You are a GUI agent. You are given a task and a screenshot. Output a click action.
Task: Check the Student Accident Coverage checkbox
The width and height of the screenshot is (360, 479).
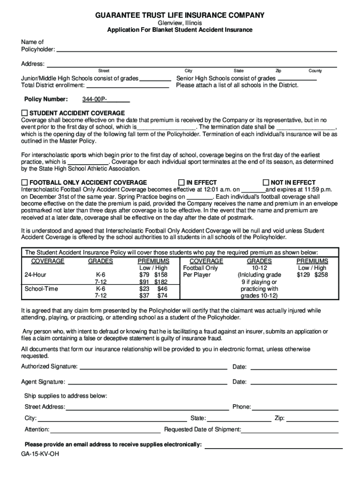25,113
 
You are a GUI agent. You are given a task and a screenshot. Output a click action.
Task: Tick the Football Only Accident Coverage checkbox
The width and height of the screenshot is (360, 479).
25,182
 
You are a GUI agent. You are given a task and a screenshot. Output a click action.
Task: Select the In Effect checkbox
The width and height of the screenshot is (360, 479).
181,182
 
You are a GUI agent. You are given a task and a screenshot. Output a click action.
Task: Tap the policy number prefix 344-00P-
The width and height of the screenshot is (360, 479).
95,100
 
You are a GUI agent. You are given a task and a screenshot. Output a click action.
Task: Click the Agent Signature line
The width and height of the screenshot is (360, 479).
148,382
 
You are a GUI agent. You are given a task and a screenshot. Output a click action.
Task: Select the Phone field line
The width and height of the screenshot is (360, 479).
295,407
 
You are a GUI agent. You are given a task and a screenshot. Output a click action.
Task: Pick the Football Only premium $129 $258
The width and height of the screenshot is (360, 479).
312,275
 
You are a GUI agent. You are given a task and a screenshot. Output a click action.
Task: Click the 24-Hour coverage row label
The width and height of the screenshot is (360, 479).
35,275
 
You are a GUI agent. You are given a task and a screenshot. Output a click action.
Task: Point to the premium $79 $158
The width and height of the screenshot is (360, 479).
153,275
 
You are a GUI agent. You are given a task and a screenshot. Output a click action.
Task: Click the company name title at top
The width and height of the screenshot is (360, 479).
180,16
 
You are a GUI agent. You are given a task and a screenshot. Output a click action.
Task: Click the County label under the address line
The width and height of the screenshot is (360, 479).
315,71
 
